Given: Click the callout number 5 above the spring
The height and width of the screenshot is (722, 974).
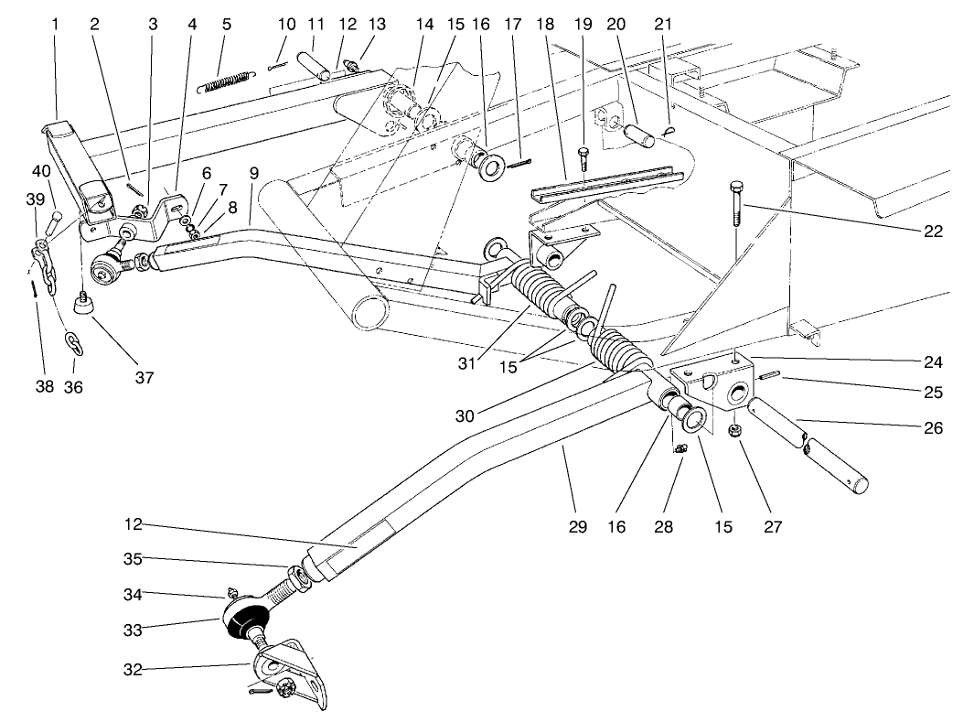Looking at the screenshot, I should [x=226, y=25].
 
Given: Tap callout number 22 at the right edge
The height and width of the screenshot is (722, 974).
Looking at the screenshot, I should [x=932, y=232].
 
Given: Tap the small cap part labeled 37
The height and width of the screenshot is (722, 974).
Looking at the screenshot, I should [x=86, y=303].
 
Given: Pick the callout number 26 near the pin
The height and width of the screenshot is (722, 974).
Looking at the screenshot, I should [x=932, y=426].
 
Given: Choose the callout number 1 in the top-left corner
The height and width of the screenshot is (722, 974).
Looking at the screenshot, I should [x=56, y=25].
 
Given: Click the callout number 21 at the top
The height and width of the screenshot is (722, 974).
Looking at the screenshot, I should [x=662, y=25].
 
